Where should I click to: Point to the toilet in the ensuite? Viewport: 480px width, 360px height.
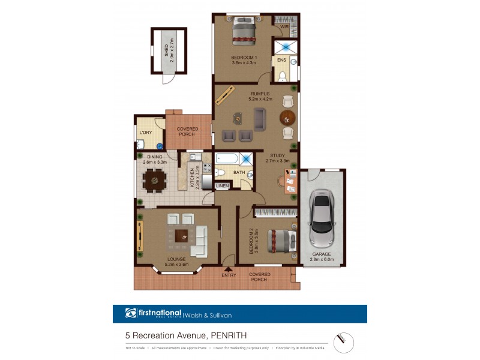tap(282, 75)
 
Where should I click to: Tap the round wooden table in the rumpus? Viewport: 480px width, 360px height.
tap(288, 118)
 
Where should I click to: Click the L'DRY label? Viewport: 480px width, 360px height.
tap(145, 133)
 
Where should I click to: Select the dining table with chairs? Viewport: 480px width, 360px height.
tap(155, 179)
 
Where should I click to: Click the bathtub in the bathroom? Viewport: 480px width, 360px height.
tap(227, 160)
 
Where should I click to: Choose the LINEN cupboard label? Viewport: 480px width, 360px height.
tap(223, 187)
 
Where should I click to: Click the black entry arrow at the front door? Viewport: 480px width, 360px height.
tap(228, 268)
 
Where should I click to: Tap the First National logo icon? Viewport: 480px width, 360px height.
tap(131, 313)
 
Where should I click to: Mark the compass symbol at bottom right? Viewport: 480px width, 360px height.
tap(344, 343)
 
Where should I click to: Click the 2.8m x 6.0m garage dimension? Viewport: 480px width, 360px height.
tap(321, 260)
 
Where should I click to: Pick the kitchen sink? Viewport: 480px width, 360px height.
tap(194, 157)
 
